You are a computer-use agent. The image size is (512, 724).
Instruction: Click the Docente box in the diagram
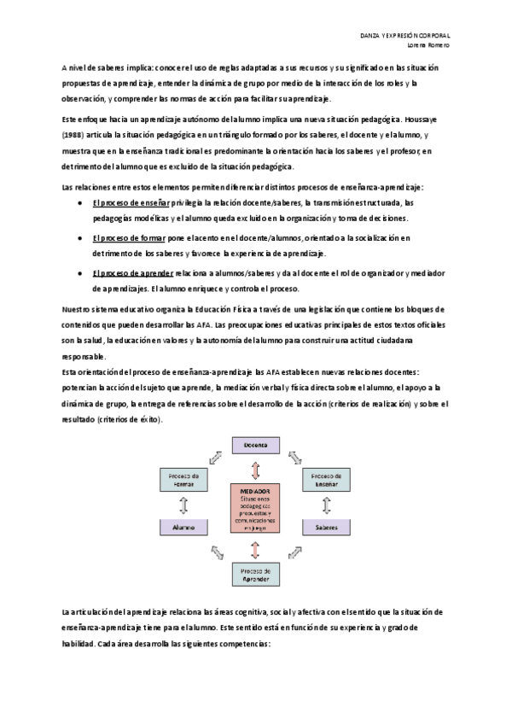(x=256, y=446)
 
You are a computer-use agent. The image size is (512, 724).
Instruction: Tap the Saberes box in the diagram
(x=326, y=528)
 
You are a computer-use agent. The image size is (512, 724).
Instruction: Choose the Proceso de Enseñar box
(x=326, y=481)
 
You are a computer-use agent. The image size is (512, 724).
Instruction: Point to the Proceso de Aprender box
(x=256, y=574)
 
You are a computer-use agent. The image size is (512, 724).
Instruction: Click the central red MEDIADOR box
(x=255, y=509)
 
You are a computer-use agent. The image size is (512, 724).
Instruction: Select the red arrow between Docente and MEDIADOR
(x=255, y=469)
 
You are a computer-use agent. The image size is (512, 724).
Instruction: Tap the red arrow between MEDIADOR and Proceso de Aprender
(x=255, y=549)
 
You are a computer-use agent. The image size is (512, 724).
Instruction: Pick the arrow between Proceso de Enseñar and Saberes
(x=326, y=505)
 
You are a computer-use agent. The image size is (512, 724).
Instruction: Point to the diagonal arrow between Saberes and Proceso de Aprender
(x=295, y=554)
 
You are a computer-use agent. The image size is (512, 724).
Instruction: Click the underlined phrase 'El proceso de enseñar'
(x=131, y=202)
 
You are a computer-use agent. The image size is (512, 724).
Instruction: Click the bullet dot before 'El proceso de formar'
(x=79, y=237)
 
